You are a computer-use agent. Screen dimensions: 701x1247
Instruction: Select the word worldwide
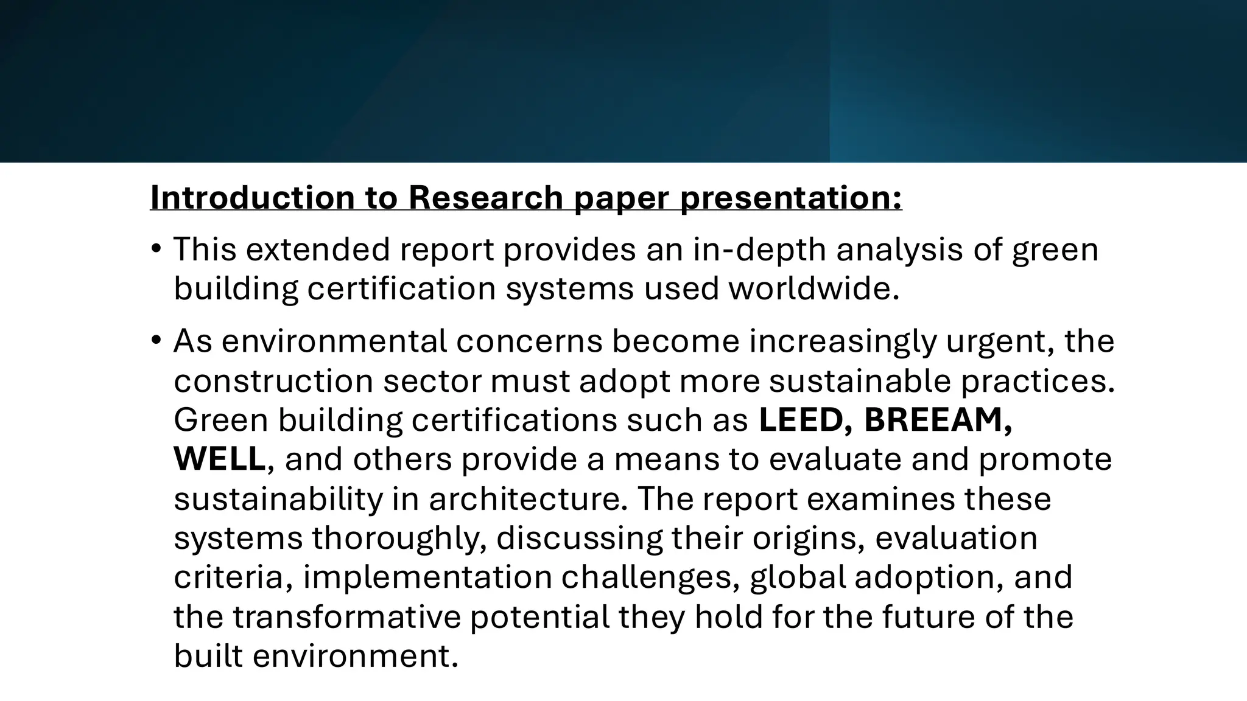pyautogui.click(x=813, y=288)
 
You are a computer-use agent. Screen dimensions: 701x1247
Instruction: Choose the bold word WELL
pyautogui.click(x=220, y=459)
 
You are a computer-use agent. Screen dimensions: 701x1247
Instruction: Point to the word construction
pyautogui.click(x=273, y=380)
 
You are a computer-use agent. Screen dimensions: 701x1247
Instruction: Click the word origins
pyautogui.click(x=809, y=538)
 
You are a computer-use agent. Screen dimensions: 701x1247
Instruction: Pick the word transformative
pyautogui.click(x=347, y=616)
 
